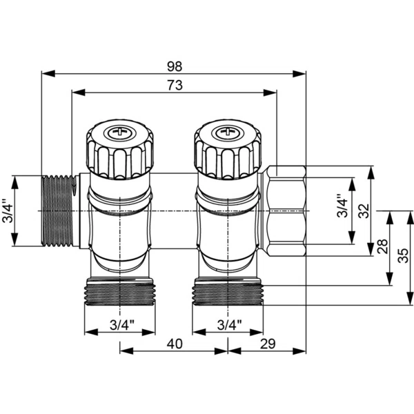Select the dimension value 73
tap(174, 85)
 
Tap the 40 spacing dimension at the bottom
tap(174, 342)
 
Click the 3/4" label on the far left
tap(7, 211)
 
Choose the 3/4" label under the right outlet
tap(228, 324)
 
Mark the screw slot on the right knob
tap(228, 130)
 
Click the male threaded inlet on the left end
tap(57, 211)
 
